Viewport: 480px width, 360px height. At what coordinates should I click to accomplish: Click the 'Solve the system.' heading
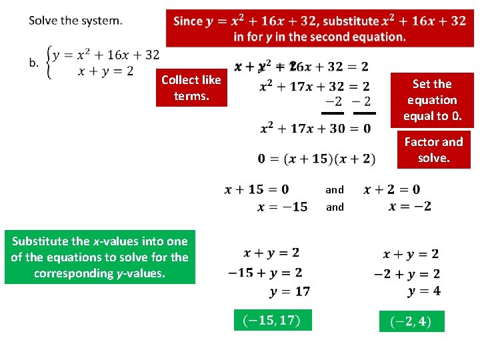tap(75, 20)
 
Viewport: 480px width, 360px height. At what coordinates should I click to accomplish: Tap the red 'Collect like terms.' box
tap(191, 88)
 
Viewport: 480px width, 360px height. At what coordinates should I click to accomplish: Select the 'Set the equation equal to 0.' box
tap(432, 100)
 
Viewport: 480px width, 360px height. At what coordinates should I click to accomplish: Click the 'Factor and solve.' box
tap(433, 149)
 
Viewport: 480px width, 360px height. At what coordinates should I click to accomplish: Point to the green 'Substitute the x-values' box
tap(100, 257)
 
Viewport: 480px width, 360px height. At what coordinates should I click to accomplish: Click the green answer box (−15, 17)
tap(273, 321)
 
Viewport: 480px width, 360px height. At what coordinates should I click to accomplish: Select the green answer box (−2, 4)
tap(411, 321)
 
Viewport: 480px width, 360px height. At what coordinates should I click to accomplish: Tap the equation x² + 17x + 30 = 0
tap(315, 128)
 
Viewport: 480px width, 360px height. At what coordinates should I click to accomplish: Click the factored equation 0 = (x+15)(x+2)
tap(317, 159)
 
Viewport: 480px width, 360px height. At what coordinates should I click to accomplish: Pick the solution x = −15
tap(283, 207)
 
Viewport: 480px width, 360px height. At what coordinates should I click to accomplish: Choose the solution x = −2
tap(409, 206)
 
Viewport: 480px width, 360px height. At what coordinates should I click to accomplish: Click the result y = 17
tap(290, 291)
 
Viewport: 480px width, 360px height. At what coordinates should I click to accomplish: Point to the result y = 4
tap(423, 291)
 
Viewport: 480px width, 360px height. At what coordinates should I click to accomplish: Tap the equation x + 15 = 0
tap(257, 189)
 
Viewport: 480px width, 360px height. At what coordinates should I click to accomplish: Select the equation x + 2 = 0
tap(392, 189)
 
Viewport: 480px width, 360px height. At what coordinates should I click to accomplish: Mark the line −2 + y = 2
tap(406, 273)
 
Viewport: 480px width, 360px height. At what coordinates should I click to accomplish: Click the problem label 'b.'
tap(33, 63)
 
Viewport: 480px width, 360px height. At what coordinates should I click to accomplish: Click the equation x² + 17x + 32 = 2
tap(315, 86)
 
